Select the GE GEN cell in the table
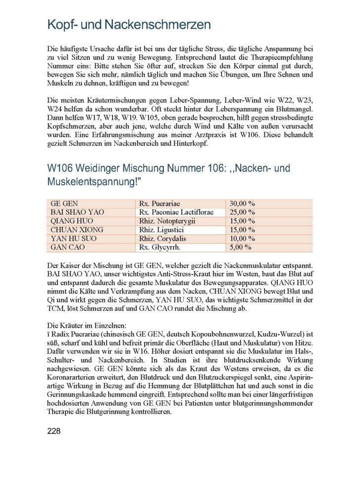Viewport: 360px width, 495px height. (64, 203)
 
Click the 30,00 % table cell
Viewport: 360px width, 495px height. (242, 203)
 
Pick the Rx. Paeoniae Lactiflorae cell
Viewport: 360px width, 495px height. (180, 212)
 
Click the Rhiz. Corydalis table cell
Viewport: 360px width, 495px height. (164, 239)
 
